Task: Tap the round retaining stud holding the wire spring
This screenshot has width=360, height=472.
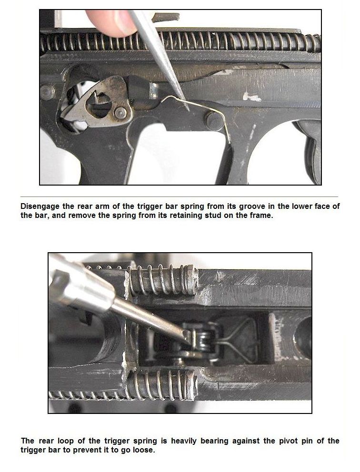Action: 214,120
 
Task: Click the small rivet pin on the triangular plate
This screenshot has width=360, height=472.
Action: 120,113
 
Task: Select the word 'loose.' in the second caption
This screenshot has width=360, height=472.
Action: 143,450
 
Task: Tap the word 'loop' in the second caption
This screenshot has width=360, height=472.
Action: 66,441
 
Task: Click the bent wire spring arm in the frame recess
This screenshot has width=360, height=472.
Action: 238,340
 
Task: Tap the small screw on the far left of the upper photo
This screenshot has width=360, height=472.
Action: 47,92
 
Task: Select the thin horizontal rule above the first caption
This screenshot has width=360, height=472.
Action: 179,197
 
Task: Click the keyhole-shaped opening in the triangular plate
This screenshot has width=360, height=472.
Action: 99,104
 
